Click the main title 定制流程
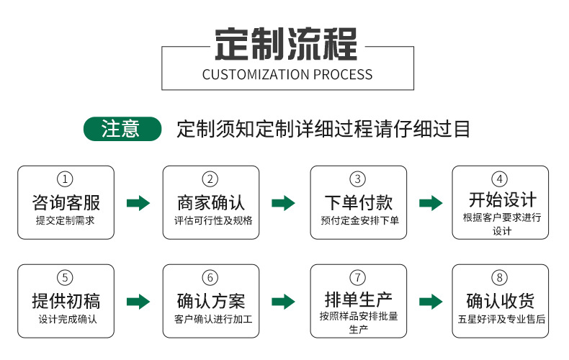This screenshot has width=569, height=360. [x=287, y=44]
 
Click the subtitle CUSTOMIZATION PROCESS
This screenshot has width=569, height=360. [x=287, y=74]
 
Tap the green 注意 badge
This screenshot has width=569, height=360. [x=122, y=129]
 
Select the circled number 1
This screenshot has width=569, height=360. [x=66, y=179]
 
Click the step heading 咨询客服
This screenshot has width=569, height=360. [x=66, y=202]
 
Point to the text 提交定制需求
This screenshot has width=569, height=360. [x=66, y=220]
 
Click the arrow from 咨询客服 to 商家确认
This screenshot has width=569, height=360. [x=138, y=203]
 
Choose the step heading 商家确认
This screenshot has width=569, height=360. [x=210, y=202]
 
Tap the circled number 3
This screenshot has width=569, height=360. [x=358, y=179]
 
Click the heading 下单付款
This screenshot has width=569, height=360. [x=358, y=202]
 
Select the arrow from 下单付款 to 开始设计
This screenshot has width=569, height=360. [x=431, y=203]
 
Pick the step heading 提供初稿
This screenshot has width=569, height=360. [x=66, y=300]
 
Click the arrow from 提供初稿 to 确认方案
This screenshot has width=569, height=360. [x=138, y=301]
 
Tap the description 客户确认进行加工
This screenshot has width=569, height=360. [x=210, y=319]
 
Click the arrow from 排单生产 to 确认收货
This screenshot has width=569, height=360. [x=431, y=301]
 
